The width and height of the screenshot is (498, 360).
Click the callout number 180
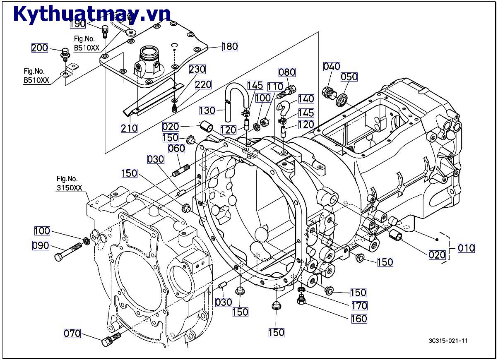(230, 46)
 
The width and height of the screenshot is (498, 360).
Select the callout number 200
(40, 48)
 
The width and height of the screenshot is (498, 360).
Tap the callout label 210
(129, 128)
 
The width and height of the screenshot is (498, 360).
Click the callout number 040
(332, 66)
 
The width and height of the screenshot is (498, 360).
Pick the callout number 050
(349, 77)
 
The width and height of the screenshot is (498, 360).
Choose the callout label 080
(287, 72)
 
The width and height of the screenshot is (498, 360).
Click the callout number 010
(466, 248)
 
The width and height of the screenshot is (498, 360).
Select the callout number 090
(41, 245)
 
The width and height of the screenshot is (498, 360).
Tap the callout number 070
(72, 333)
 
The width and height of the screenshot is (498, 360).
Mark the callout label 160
(359, 319)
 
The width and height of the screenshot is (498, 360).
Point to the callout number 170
(359, 306)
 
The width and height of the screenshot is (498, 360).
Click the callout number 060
(176, 148)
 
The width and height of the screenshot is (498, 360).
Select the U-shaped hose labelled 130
(236, 97)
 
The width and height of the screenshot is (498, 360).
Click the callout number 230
(197, 69)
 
